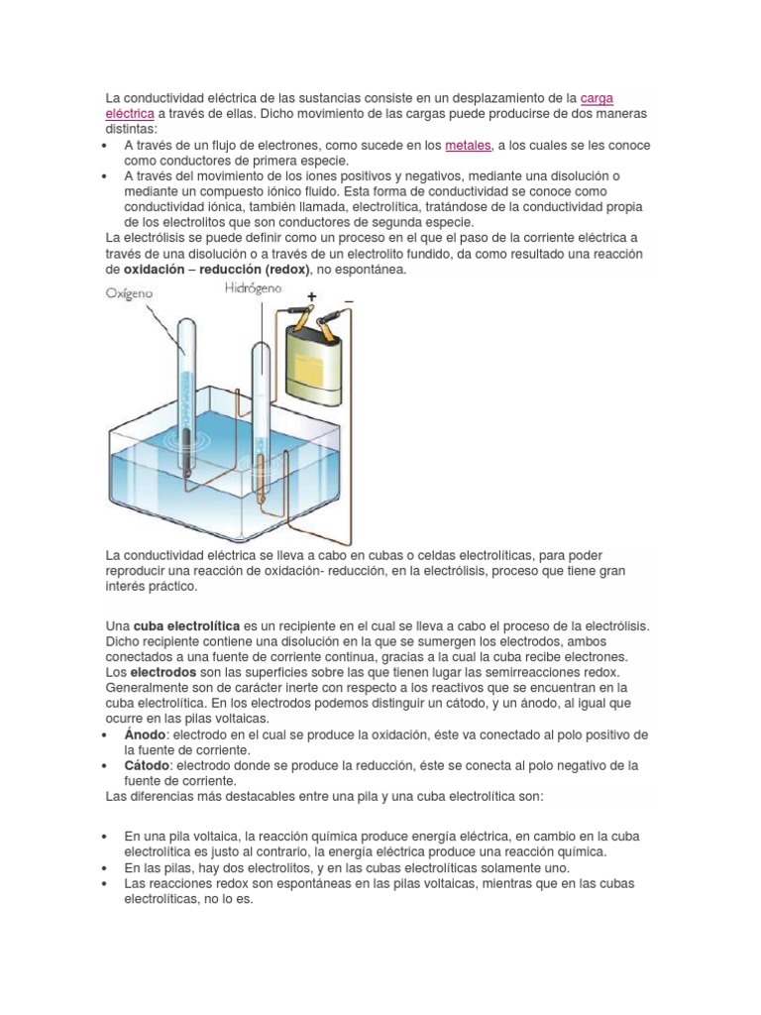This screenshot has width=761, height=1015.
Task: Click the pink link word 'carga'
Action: tap(597, 99)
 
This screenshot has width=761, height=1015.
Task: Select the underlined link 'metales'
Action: tap(468, 146)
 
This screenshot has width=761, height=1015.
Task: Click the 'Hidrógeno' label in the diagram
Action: tap(253, 288)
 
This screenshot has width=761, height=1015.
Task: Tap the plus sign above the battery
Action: tap(311, 296)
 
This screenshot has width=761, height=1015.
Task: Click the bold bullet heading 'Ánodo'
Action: tap(146, 734)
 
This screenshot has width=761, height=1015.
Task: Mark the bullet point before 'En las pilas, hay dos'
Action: tap(105, 867)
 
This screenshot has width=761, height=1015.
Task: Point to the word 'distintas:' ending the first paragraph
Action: tap(131, 130)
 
